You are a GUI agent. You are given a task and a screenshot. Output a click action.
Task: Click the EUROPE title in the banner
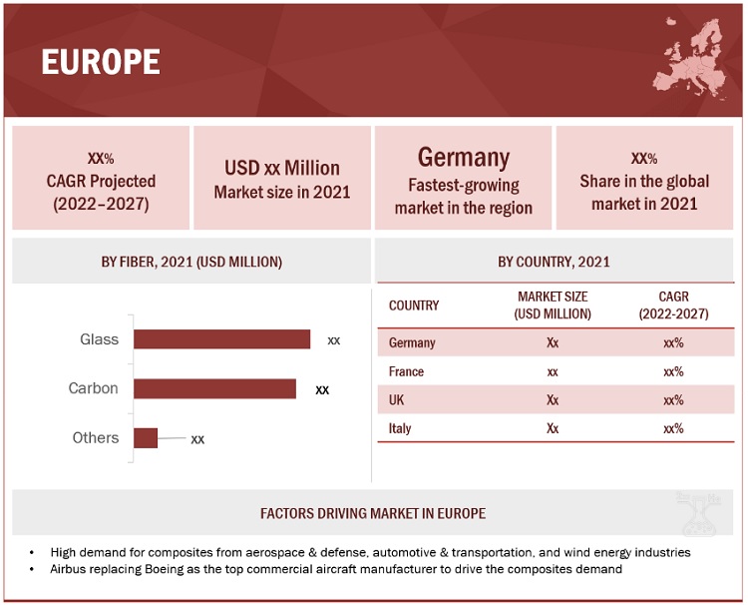(x=100, y=62)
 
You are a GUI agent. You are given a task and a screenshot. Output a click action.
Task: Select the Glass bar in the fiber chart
(x=221, y=339)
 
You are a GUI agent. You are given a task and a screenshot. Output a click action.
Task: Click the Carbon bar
(x=214, y=388)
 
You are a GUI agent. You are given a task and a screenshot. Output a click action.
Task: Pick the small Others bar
(x=146, y=437)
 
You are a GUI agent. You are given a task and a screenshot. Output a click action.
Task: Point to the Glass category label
(x=99, y=339)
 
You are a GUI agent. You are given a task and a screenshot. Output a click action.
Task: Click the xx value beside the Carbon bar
(x=322, y=389)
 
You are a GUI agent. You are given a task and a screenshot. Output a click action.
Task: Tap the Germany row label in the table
(x=412, y=342)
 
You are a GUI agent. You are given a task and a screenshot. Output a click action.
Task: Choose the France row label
(x=406, y=371)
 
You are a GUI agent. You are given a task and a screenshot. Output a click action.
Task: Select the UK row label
(x=398, y=399)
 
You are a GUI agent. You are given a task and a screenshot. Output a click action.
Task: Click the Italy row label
(x=400, y=428)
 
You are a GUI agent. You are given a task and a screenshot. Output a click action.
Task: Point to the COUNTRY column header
(x=413, y=304)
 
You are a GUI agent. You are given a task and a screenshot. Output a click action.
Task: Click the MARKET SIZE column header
(x=553, y=304)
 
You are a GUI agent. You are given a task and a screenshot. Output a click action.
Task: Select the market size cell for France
(x=553, y=371)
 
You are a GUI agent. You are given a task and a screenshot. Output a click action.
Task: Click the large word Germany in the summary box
(x=464, y=157)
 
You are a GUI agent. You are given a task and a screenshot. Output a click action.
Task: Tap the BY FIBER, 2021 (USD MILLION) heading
(x=191, y=262)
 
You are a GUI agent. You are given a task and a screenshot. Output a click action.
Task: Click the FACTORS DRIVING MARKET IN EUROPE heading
(x=373, y=513)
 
